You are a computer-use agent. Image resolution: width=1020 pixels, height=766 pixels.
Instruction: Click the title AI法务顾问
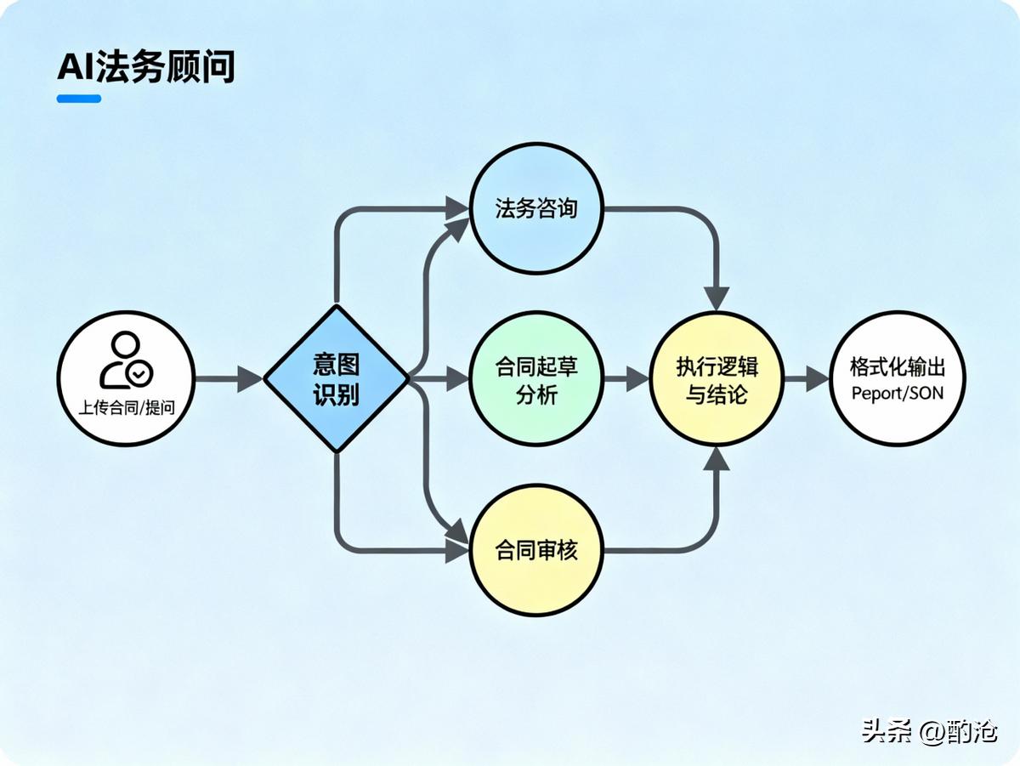tap(145, 67)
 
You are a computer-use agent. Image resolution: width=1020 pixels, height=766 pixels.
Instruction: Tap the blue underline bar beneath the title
tap(79, 99)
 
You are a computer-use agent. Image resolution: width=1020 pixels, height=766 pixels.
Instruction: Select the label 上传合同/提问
tap(126, 406)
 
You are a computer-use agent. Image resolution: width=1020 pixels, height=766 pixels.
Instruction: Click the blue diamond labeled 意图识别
tap(337, 378)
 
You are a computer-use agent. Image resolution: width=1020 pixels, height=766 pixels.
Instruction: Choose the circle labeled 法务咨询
tap(536, 208)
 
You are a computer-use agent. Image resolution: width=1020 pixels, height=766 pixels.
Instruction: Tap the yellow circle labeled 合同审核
tap(536, 550)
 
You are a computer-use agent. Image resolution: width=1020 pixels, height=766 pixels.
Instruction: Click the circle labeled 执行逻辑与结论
tap(717, 378)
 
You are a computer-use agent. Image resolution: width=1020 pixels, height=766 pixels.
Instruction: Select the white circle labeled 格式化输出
tap(897, 378)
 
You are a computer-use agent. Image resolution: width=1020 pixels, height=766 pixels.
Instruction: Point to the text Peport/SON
tap(897, 394)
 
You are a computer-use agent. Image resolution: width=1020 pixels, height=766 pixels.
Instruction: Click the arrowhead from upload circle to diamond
tap(250, 378)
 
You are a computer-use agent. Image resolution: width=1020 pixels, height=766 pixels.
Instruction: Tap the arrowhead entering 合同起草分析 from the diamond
tap(457, 378)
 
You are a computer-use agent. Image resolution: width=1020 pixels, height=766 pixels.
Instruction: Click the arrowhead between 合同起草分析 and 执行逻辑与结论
tap(637, 378)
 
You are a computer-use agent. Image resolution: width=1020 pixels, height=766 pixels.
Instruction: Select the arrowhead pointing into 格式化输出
tap(817, 378)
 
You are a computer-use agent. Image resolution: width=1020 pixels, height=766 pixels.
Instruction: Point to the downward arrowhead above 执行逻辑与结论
tap(717, 298)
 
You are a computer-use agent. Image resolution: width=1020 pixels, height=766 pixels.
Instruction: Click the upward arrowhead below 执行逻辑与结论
tap(717, 458)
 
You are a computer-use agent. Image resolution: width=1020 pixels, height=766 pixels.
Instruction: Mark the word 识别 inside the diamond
tap(337, 394)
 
